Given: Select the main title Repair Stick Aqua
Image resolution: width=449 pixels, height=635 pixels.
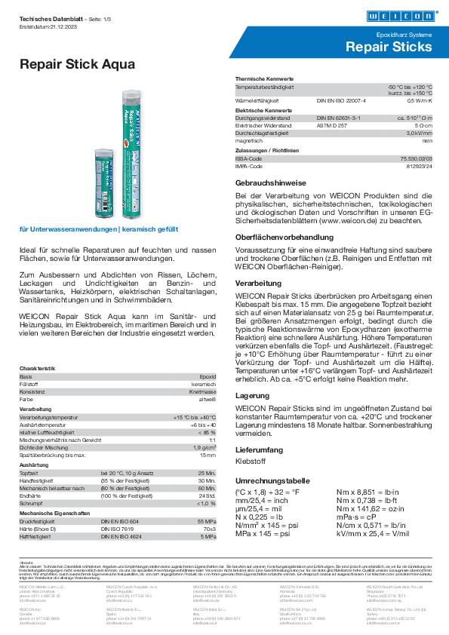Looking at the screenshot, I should pos(77,65).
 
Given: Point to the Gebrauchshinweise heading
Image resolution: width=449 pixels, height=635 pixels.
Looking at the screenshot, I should pos(270,183).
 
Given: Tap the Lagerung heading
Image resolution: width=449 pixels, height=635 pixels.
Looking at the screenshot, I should pos(252,394).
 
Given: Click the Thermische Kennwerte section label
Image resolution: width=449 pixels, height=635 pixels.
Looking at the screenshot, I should pos(265,79).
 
